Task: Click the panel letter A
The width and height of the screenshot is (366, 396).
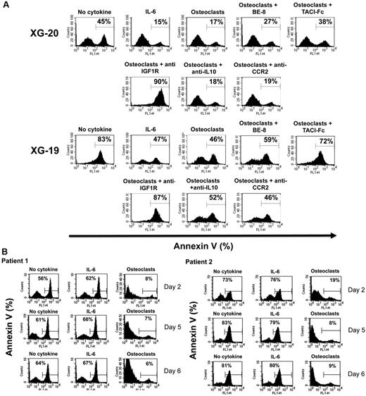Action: tap(6, 6)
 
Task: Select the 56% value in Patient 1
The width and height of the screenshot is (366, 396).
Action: tap(44, 278)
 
